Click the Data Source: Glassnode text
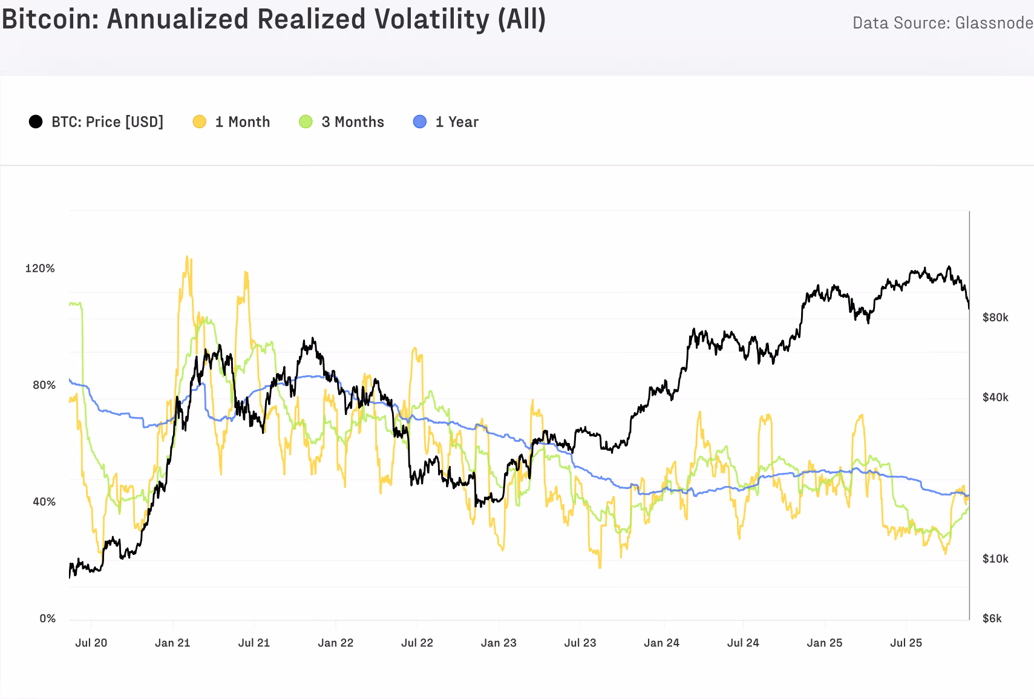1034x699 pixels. point(942,23)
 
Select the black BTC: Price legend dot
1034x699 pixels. point(36,122)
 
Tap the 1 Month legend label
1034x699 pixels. point(242,122)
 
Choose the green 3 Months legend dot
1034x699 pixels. point(306,122)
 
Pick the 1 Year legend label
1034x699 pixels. point(457,122)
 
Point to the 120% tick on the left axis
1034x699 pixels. point(40,268)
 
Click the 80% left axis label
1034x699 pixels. point(44,385)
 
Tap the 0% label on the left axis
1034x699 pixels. point(47,618)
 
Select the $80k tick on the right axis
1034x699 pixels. point(995,317)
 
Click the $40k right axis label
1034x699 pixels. point(995,397)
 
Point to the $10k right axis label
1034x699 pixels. point(995,559)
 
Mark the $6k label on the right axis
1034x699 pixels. point(992,618)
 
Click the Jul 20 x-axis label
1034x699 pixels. point(91,643)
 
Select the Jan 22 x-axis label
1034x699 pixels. point(336,643)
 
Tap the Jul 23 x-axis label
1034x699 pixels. point(580,643)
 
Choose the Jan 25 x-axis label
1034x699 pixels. point(825,643)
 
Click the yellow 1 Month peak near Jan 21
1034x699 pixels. point(187,257)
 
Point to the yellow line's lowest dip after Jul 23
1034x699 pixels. point(600,567)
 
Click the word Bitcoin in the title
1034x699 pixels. point(50,19)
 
